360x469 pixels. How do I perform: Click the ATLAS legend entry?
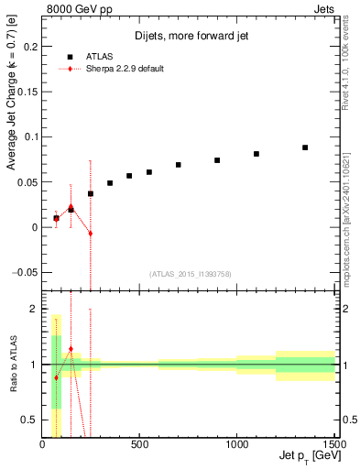click(x=101, y=55)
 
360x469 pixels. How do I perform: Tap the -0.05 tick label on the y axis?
click(x=26, y=272)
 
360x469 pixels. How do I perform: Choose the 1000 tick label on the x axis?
click(x=237, y=445)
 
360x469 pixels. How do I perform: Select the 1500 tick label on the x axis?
click(x=333, y=445)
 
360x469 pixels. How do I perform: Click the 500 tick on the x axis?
click(x=139, y=445)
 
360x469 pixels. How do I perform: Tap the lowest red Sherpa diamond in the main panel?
click(x=91, y=234)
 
